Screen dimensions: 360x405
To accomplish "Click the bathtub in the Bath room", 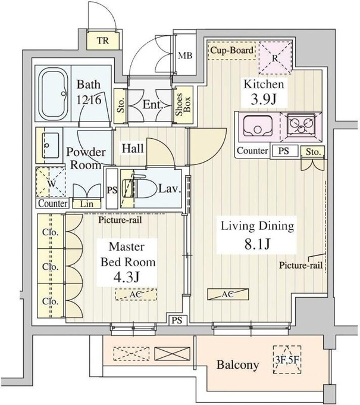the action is (54, 94).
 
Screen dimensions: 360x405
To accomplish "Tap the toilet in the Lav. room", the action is (140, 188).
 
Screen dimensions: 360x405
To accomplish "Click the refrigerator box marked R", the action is (275, 58).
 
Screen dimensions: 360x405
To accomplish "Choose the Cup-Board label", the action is (231, 51).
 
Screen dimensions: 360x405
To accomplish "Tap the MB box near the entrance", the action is (186, 55).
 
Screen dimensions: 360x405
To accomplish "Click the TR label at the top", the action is (103, 40).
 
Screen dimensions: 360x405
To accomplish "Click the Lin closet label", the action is (86, 204).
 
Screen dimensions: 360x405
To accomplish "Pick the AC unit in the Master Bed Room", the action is (136, 294).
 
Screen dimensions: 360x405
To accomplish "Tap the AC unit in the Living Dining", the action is (228, 294).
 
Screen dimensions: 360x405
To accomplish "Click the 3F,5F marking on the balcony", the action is (287, 360).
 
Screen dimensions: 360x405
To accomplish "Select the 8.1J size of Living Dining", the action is (257, 244).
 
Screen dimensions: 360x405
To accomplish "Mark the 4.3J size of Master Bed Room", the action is (127, 278).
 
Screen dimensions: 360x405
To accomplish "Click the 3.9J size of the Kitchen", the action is (264, 99).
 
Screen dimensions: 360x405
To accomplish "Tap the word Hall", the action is (133, 148).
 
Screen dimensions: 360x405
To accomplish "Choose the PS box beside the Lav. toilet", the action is (112, 189).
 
